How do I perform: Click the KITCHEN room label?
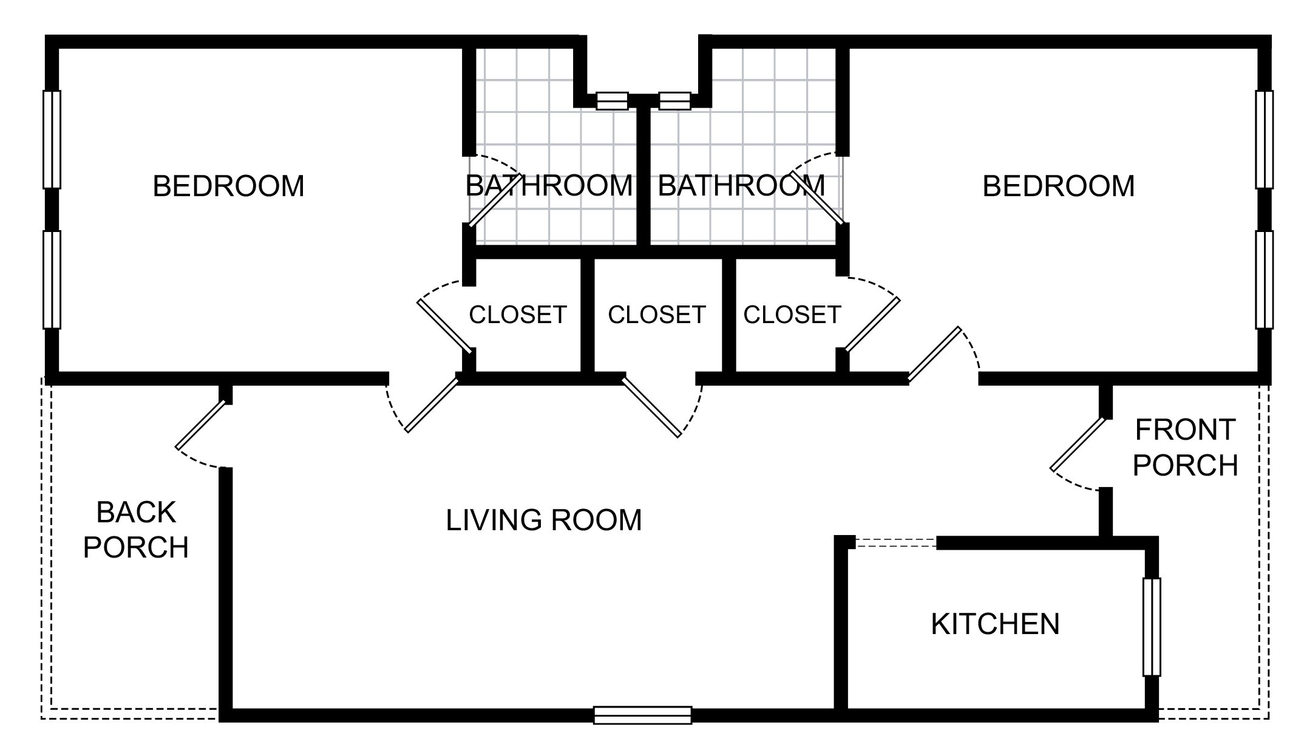point(995,624)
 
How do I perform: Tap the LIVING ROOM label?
point(544,520)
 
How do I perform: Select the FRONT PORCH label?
point(1185,448)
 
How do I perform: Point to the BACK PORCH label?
point(136,530)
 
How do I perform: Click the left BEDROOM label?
point(228,186)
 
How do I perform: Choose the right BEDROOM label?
point(1058,186)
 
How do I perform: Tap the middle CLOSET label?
point(657,315)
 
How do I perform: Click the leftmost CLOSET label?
point(518,315)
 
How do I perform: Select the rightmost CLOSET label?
point(792,315)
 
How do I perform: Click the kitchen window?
point(1152,627)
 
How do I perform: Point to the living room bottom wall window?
point(643,715)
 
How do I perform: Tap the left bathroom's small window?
point(612,101)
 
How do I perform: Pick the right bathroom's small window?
point(675,101)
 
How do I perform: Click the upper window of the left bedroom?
point(52,139)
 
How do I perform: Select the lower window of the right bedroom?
point(1265,279)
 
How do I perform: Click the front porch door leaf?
point(1078,444)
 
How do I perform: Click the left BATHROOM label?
point(549,186)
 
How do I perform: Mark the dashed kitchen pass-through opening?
point(896,542)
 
